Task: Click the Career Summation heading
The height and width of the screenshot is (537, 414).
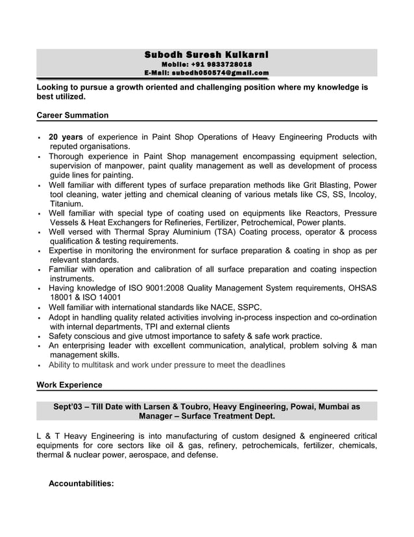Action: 73,115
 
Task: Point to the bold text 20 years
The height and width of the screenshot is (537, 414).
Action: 66,137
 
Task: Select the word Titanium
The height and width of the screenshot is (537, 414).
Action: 66,203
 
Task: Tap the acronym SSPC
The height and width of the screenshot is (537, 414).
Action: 250,307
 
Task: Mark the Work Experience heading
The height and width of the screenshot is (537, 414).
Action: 69,385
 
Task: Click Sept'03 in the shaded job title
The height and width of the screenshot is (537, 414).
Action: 69,406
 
